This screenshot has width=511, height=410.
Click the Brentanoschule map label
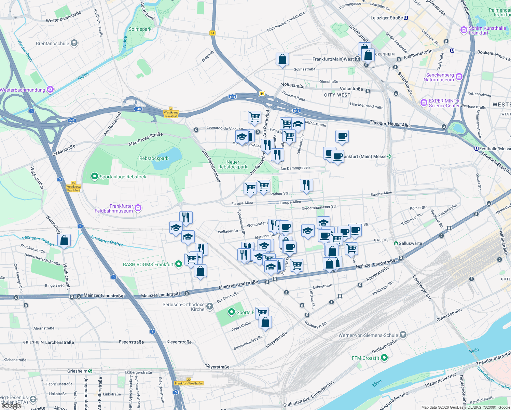pos(52,43)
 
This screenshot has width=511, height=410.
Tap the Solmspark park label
pos(140,29)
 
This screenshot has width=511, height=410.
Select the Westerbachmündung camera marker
pos(50,90)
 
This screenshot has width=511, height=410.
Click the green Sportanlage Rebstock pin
pos(94,176)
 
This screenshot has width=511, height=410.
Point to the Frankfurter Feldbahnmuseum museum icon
pos(138,208)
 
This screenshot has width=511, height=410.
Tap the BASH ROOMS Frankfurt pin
pos(178,264)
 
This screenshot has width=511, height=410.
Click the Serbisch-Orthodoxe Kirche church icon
pos(210,306)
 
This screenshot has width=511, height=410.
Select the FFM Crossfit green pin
pos(384,358)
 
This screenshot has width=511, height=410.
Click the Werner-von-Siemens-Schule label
pos(368,335)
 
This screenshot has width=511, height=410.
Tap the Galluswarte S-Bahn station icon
pos(396,243)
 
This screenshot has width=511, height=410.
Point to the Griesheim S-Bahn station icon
pos(90,371)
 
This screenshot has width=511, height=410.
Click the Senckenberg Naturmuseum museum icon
pos(459,77)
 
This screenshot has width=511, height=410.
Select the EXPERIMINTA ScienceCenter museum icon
pos(424,102)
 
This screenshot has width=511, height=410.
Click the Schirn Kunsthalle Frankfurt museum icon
pos(464,30)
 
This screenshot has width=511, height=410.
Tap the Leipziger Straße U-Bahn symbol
pos(406,18)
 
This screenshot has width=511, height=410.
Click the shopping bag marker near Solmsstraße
pos(282,59)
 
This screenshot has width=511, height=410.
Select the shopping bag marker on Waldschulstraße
pos(64,241)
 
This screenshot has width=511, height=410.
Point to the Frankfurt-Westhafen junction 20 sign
pos(189,381)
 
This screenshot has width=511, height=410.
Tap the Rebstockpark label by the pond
pos(154,158)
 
